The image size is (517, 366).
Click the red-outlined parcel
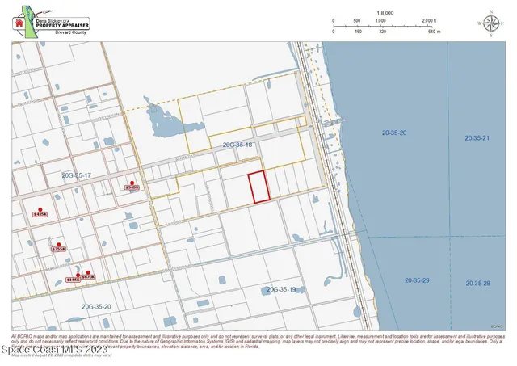click(x=258, y=187)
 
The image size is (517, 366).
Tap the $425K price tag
click(x=40, y=214)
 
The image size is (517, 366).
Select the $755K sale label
click(x=57, y=250)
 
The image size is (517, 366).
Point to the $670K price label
click(x=89, y=277)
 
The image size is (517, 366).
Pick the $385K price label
click(x=73, y=280)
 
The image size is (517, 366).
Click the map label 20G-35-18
click(x=237, y=145)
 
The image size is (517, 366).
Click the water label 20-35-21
click(x=477, y=138)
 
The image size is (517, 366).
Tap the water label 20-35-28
click(x=477, y=284)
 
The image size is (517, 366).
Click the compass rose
click(x=490, y=23)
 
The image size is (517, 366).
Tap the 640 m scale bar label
click(x=433, y=32)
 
